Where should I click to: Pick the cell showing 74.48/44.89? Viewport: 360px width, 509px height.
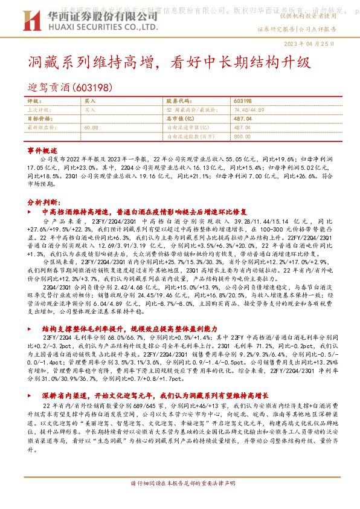(245, 110)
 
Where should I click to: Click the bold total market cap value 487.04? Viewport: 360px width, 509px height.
(242, 119)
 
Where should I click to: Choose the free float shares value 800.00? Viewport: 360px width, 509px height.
(242, 136)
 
